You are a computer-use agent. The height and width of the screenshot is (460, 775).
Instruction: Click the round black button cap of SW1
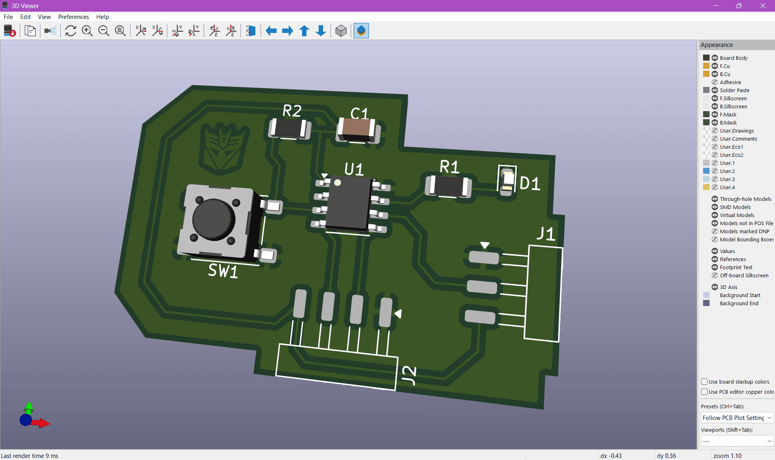[213, 219]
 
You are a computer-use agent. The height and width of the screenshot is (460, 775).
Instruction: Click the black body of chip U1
[348, 205]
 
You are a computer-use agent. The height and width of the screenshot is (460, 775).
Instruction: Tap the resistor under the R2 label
[289, 128]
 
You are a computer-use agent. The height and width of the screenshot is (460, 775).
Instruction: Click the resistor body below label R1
[448, 186]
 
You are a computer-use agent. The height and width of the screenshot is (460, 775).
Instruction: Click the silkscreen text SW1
[223, 270]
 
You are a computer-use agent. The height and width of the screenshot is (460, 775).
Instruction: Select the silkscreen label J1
[545, 234]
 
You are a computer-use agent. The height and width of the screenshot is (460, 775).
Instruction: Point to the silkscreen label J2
[409, 375]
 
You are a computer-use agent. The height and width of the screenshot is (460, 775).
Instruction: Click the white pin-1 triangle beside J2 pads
[398, 314]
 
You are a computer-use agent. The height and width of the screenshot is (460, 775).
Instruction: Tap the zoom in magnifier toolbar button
[87, 31]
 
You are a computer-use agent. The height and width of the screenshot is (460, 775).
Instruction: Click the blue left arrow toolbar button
[271, 31]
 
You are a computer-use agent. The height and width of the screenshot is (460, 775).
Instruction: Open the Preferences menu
[73, 17]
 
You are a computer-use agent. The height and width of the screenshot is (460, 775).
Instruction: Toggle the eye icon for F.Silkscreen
[714, 98]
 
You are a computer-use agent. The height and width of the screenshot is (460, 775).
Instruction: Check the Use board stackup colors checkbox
[704, 382]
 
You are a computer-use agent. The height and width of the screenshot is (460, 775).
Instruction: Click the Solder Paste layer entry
[734, 90]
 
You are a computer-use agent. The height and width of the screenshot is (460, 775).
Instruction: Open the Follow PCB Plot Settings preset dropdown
[737, 418]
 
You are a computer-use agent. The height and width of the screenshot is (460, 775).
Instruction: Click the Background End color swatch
[706, 303]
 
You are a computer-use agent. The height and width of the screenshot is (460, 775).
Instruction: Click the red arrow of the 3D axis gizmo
[42, 423]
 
